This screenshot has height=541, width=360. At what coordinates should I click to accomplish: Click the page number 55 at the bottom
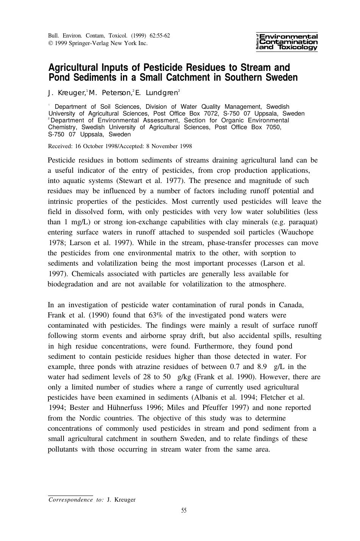[184, 510]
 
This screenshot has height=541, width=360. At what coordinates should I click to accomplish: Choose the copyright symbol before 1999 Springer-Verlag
[50, 43]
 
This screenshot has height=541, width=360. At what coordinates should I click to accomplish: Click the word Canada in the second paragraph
[291, 305]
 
